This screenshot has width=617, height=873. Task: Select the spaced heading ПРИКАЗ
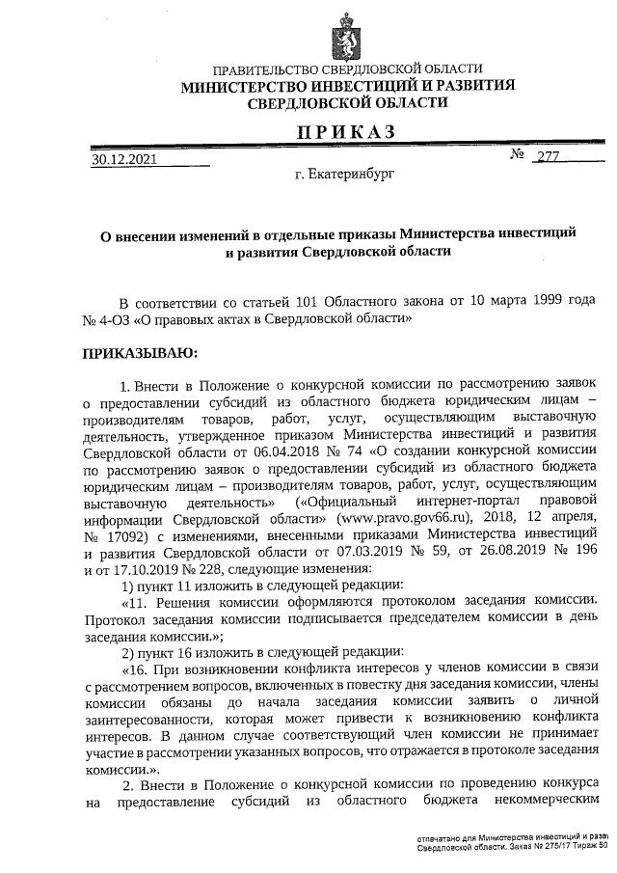click(346, 132)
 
